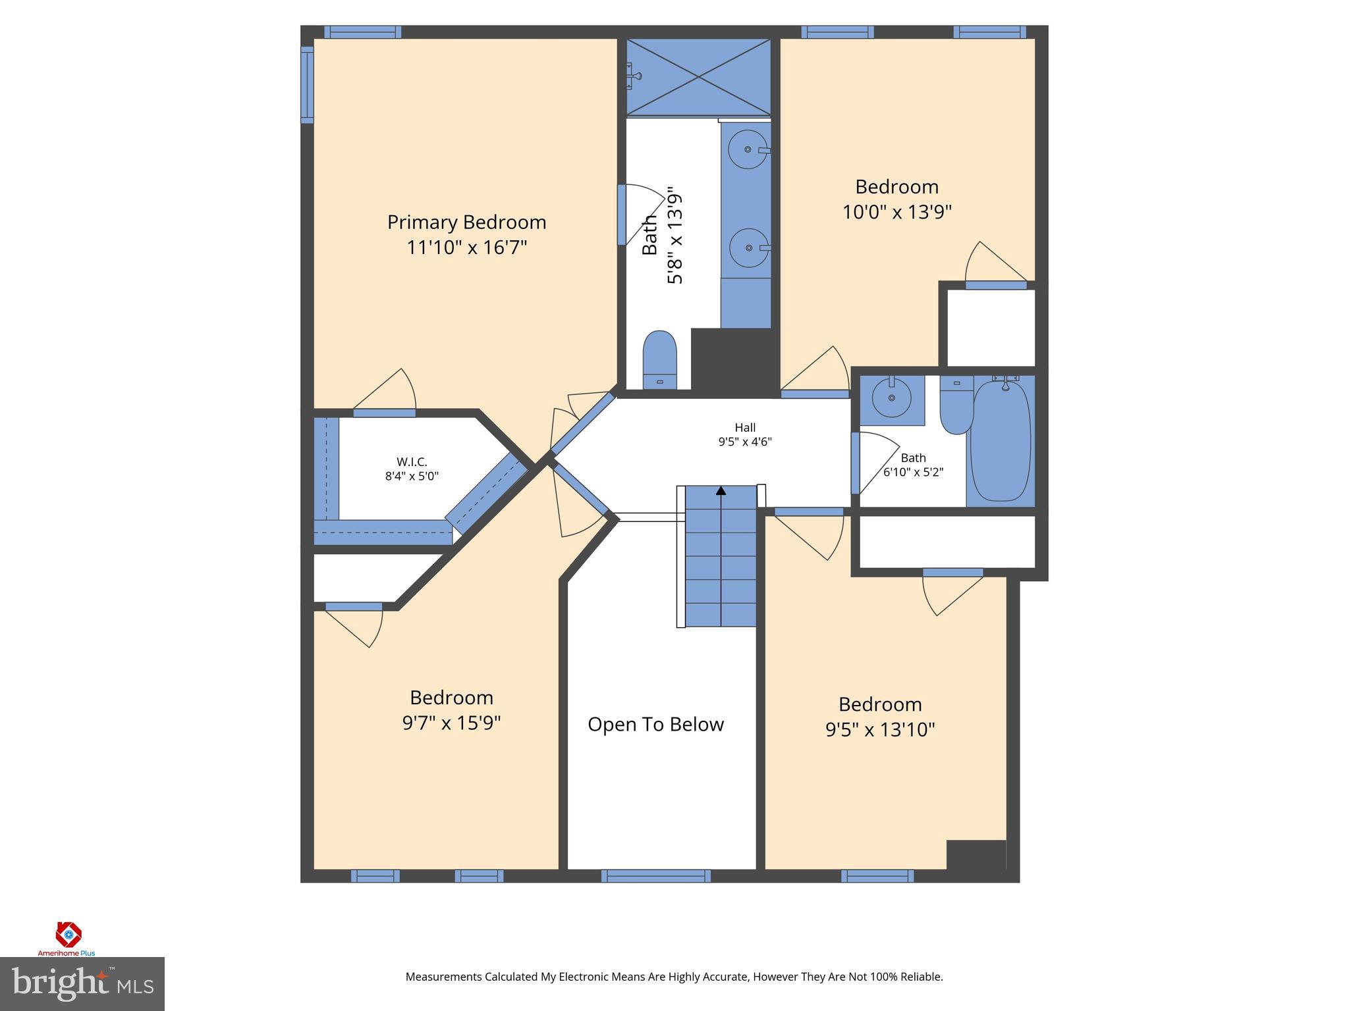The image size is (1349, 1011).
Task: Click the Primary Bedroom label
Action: pyautogui.click(x=466, y=222)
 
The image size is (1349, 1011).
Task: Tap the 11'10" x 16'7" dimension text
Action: pyautogui.click(x=466, y=248)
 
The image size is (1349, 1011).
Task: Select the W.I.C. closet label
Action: pyautogui.click(x=412, y=462)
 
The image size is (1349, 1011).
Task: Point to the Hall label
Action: pyautogui.click(x=745, y=427)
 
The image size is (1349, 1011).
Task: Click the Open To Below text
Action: pyautogui.click(x=655, y=725)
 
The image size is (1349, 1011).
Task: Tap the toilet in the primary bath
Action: pyautogui.click(x=659, y=360)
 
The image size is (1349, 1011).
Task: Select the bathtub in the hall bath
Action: pyautogui.click(x=1001, y=440)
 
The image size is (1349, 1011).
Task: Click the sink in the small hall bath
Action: pyautogui.click(x=891, y=397)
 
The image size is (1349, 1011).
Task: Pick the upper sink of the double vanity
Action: pyautogui.click(x=748, y=149)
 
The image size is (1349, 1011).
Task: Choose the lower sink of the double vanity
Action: pyautogui.click(x=749, y=247)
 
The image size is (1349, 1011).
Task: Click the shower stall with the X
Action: pyautogui.click(x=698, y=76)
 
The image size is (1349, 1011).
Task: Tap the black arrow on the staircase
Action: pyautogui.click(x=721, y=491)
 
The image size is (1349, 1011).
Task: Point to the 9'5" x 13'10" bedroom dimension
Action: pyautogui.click(x=880, y=730)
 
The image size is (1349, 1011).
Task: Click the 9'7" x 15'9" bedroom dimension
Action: pyautogui.click(x=451, y=723)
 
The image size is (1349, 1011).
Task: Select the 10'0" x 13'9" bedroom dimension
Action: pyautogui.click(x=897, y=213)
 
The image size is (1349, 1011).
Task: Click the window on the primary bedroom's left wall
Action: pyautogui.click(x=307, y=84)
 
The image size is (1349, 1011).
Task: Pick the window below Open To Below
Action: pyautogui.click(x=655, y=876)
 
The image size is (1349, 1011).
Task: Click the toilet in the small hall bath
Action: pyautogui.click(x=956, y=404)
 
